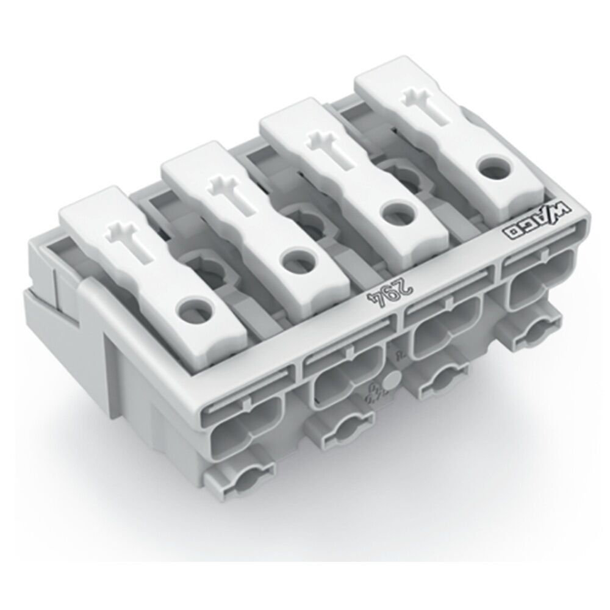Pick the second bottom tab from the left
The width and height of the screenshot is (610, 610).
[x=342, y=428]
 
